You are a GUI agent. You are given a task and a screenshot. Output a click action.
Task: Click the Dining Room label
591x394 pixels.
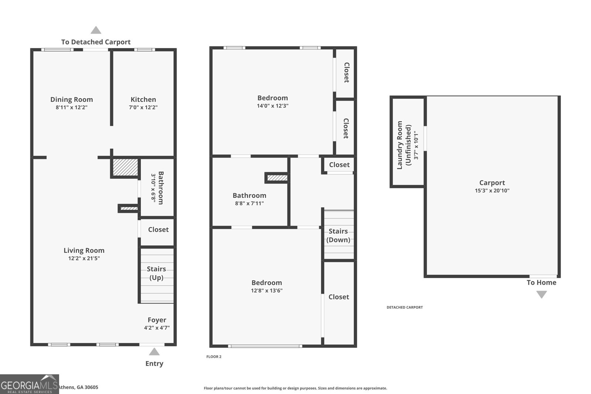click(x=72, y=99)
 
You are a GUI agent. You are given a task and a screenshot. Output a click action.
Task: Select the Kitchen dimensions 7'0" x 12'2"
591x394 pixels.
click(x=143, y=107)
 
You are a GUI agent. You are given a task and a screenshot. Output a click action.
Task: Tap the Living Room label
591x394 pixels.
click(x=84, y=250)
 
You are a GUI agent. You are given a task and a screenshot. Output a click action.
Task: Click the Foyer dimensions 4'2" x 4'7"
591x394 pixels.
click(x=157, y=328)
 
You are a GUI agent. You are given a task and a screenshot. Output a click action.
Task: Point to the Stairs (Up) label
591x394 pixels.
click(x=156, y=273)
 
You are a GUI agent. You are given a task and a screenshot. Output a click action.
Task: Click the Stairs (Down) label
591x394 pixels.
click(x=338, y=236)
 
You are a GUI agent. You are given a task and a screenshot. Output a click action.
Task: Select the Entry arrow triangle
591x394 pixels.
click(x=154, y=352)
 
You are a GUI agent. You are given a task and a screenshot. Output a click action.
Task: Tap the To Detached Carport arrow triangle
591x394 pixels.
click(x=96, y=30)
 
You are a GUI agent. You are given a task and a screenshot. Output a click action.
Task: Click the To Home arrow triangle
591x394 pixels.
click(x=542, y=294)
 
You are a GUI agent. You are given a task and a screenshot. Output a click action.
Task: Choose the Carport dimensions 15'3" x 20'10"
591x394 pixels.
click(x=492, y=191)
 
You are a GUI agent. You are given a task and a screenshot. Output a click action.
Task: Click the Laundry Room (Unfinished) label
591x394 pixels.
click(x=404, y=145)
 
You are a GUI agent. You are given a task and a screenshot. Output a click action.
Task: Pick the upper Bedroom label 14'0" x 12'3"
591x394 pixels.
click(x=273, y=98)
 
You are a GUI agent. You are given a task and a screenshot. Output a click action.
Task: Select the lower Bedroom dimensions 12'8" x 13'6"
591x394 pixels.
click(x=267, y=291)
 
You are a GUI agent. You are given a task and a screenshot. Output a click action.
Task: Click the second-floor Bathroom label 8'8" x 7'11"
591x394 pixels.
click(x=249, y=196)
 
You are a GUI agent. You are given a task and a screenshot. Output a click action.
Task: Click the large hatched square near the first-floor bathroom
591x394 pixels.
click(x=125, y=168)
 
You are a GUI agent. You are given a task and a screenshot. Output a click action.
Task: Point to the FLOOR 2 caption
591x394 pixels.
click(x=214, y=357)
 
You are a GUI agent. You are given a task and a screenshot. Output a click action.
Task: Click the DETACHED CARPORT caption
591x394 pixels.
click(x=404, y=307)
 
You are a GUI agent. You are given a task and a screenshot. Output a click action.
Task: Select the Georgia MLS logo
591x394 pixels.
click(x=29, y=384)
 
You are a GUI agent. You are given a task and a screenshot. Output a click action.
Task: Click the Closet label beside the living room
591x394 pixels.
click(x=158, y=230)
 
